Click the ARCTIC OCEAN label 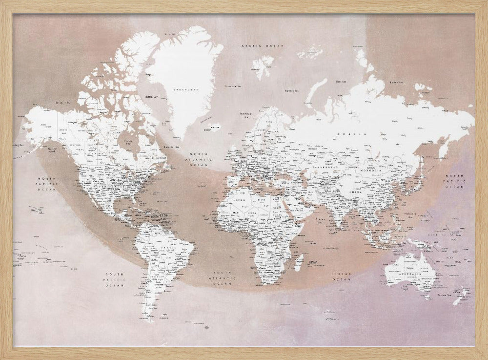tap(262, 45)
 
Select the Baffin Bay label tap(152, 97)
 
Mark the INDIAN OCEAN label tap(341, 276)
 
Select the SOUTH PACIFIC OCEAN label tap(115, 279)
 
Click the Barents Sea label tap(291, 90)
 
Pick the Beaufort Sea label tap(64, 103)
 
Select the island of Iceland tap(214, 128)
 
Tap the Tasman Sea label tap(444, 295)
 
